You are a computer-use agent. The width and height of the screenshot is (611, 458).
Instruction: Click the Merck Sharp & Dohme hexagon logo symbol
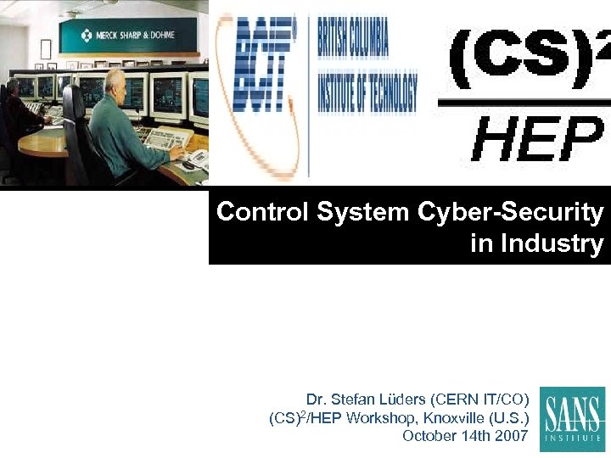coord(87,35)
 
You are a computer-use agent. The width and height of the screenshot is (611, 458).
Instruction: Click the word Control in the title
coord(262,212)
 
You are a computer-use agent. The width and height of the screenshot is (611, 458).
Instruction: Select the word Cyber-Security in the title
coord(510,212)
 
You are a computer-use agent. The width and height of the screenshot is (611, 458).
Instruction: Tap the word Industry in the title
coord(552,244)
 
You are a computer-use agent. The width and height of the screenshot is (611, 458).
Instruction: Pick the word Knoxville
coord(456,417)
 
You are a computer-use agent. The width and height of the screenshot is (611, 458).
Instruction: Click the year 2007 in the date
coord(509,436)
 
